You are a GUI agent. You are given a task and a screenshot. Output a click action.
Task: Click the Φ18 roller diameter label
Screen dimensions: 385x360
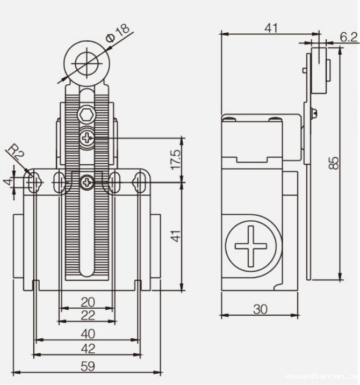(118, 32)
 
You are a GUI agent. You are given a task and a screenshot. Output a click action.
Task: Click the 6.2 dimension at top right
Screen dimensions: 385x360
(348, 37)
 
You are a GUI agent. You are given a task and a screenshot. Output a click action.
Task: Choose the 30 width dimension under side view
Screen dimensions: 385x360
(261, 309)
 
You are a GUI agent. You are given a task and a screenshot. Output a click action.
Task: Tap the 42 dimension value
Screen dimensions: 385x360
(88, 349)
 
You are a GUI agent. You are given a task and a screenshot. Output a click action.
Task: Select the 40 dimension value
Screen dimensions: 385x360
(88, 333)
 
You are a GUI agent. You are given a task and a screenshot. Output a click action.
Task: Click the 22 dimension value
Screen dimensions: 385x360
(88, 315)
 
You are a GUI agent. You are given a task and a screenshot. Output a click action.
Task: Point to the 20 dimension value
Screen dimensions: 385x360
(88, 302)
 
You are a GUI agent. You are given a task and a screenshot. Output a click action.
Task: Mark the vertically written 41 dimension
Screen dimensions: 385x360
(176, 235)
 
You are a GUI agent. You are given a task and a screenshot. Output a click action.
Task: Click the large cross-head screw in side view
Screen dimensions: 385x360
(250, 246)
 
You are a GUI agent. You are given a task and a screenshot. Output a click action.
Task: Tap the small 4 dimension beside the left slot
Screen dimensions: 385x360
(7, 183)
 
